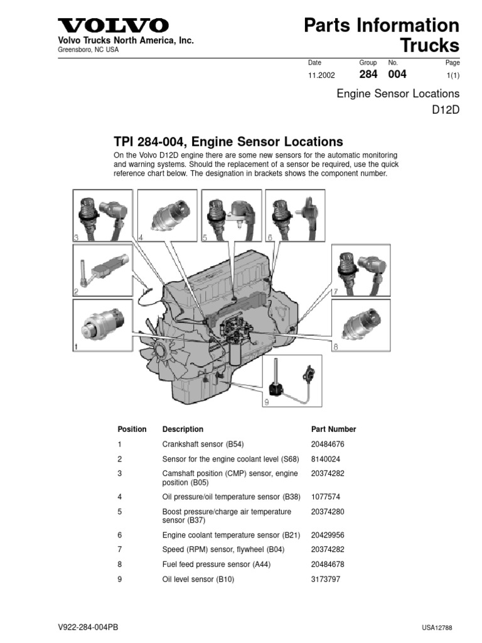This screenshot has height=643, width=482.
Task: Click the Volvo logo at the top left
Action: click(113, 26)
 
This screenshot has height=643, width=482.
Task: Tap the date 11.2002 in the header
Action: click(321, 75)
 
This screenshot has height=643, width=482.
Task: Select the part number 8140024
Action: click(326, 459)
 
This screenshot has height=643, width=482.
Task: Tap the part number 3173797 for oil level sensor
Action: click(326, 580)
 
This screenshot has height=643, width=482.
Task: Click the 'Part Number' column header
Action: click(333, 430)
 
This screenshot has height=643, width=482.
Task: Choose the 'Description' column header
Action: click(183, 430)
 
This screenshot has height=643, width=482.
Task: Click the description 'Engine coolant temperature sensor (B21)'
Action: click(231, 536)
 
